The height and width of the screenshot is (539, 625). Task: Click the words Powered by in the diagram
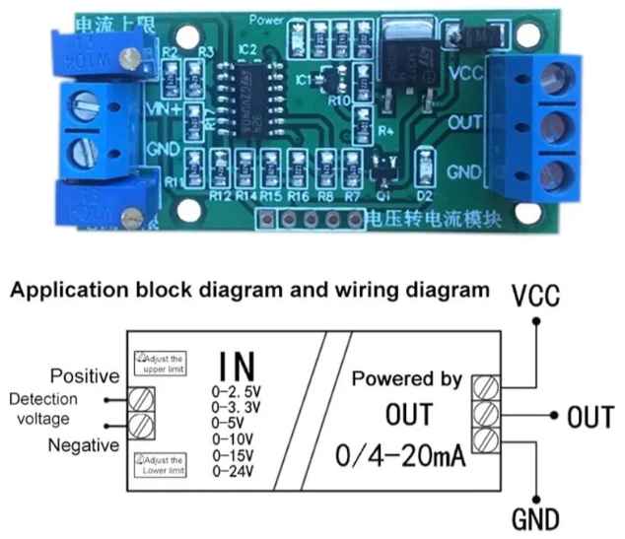407,379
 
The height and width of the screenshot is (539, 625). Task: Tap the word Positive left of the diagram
85,376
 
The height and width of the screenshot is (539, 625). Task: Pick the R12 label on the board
220,196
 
